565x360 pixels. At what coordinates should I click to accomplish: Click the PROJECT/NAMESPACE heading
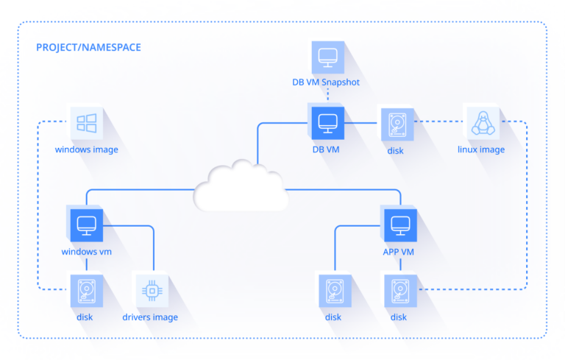(88, 48)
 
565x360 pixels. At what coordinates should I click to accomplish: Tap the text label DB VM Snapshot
(325, 82)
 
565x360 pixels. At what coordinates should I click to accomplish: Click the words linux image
(481, 149)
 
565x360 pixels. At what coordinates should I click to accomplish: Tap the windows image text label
(86, 149)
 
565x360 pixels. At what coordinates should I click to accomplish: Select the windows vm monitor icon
(86, 225)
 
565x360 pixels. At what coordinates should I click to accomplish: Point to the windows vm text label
(86, 251)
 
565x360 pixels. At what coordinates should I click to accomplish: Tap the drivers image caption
(150, 317)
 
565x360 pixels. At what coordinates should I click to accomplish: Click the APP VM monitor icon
(400, 225)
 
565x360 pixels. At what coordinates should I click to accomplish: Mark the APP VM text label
(399, 251)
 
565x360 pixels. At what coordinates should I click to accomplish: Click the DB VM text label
(325, 149)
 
